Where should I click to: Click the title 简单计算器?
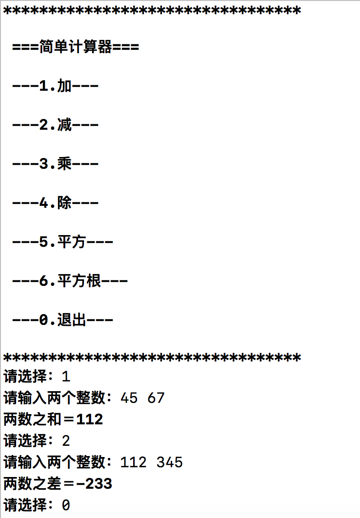click(x=76, y=48)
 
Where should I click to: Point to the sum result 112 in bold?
click(x=90, y=419)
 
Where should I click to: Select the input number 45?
click(x=129, y=398)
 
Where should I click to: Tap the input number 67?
click(x=156, y=398)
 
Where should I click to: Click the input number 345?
click(x=170, y=462)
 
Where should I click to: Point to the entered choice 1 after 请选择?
click(x=66, y=377)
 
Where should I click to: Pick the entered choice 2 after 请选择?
click(x=66, y=441)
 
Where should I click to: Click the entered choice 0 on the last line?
click(x=66, y=505)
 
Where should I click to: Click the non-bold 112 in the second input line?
click(x=133, y=462)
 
